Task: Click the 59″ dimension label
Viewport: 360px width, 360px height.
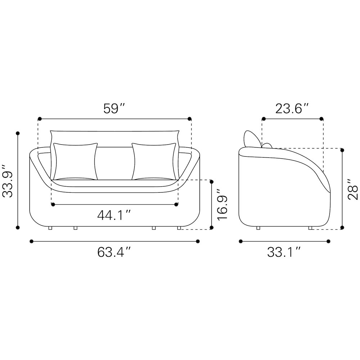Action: click(x=114, y=109)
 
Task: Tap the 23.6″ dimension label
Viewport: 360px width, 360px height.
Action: click(x=292, y=109)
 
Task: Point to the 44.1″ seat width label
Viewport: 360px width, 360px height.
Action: click(x=114, y=215)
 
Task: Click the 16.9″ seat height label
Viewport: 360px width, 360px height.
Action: click(x=222, y=205)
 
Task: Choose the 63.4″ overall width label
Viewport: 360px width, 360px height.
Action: click(x=114, y=252)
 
